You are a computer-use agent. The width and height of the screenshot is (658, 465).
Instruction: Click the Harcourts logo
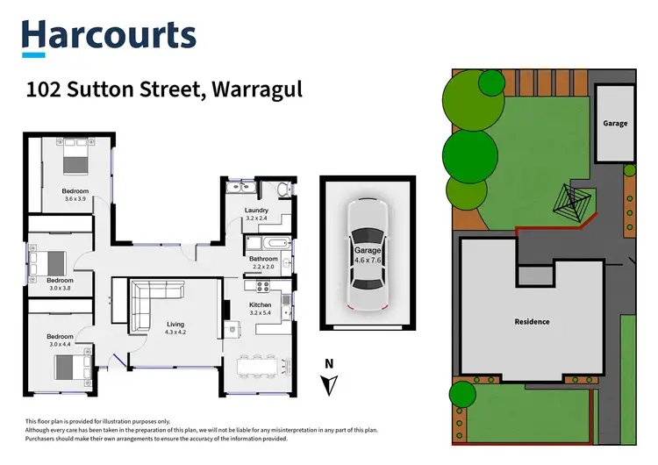pos(109,36)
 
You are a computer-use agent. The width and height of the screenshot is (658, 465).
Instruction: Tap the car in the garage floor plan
pos(367,254)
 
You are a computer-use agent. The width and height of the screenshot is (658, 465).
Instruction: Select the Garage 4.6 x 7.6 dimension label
pos(367,255)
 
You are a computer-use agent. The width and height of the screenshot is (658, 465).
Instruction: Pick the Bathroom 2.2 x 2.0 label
pos(263,263)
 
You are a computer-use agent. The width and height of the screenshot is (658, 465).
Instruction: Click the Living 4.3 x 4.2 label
pos(176,328)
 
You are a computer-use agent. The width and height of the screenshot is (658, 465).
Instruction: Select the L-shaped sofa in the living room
pos(149,303)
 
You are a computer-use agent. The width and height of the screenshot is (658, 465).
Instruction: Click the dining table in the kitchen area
pos(261,363)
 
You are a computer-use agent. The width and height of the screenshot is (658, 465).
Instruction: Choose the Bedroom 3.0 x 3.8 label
pos(60,284)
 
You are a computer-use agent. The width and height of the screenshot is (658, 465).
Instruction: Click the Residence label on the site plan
pos(532,322)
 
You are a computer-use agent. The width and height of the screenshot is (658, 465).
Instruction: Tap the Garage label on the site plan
pos(615,124)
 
